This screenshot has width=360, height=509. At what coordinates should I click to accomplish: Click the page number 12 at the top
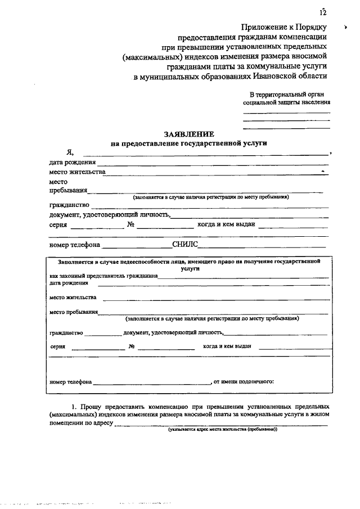(x=322, y=12)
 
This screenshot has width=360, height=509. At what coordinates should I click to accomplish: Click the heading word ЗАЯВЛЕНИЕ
(x=188, y=134)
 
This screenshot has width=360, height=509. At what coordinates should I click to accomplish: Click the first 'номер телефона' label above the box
(x=74, y=245)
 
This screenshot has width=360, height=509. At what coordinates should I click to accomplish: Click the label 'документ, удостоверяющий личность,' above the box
(x=109, y=214)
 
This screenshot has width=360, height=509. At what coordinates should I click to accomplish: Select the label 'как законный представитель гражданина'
(x=103, y=276)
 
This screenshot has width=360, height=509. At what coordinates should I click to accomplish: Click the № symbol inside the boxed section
(x=131, y=346)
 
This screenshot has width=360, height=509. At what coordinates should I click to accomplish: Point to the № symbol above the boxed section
(x=130, y=225)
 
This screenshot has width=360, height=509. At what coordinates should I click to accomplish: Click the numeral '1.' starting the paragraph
(x=74, y=406)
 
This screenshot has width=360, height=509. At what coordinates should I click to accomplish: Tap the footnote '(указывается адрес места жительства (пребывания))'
(x=222, y=429)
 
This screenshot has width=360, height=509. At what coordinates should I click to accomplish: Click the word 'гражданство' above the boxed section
(x=69, y=204)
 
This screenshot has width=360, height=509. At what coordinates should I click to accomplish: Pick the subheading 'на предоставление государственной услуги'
(x=188, y=143)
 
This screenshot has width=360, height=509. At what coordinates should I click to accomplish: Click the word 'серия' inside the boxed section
(x=57, y=346)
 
